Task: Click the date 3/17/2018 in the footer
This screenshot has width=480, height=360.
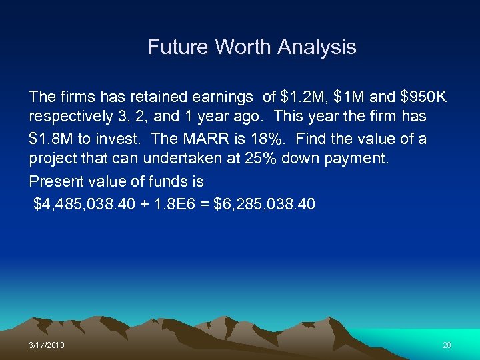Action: pyautogui.click(x=47, y=345)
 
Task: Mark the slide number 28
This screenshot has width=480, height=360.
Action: pyautogui.click(x=447, y=345)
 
